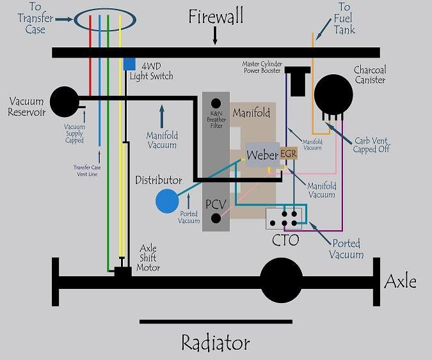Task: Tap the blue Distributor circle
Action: pyautogui.click(x=167, y=201)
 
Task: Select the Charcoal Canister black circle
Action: pyautogui.click(x=333, y=95)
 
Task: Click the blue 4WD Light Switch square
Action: pyautogui.click(x=129, y=64)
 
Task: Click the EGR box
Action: pyautogui.click(x=288, y=154)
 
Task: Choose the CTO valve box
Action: pyautogui.click(x=284, y=219)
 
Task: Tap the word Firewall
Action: pyautogui.click(x=216, y=16)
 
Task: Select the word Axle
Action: pyautogui.click(x=401, y=281)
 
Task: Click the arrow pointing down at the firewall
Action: pyautogui.click(x=215, y=38)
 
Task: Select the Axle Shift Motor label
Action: pyautogui.click(x=148, y=258)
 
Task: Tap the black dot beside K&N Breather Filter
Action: pyautogui.click(x=216, y=102)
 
